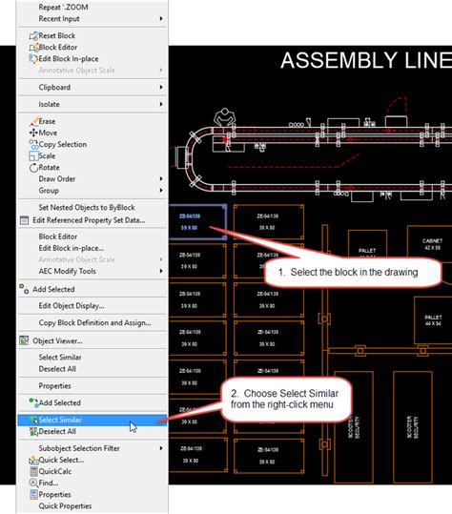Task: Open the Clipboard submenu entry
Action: (x=54, y=87)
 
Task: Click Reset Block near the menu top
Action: (x=56, y=36)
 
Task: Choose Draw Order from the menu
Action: (x=58, y=178)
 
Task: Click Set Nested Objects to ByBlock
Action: (x=87, y=207)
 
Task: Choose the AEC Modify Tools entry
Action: (x=67, y=271)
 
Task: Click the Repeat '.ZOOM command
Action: (x=64, y=7)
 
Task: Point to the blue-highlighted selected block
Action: (x=197, y=222)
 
